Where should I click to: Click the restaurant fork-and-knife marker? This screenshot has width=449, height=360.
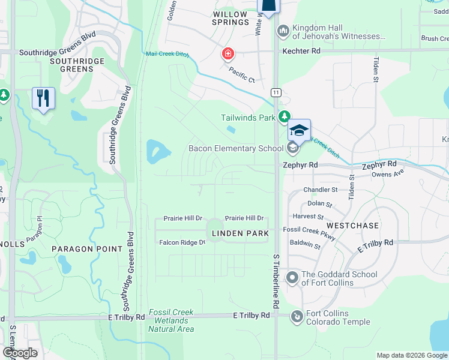tap(43, 98)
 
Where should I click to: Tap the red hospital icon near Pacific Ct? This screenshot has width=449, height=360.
tap(228, 55)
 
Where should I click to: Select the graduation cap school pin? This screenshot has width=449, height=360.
tap(298, 130)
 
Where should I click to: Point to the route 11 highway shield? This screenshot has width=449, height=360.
tap(276, 92)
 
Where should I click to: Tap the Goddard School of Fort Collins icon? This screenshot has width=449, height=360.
tap(292, 277)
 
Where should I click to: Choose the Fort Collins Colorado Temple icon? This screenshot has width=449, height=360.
tap(296, 316)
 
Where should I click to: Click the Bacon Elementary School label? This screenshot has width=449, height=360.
tap(236, 148)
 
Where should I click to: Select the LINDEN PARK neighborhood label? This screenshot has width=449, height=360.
tap(246, 232)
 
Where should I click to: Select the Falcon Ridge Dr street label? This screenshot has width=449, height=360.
tap(182, 242)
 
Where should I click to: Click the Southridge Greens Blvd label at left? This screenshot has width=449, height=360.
tap(57, 52)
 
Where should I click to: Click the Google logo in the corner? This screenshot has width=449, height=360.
tap(20, 353)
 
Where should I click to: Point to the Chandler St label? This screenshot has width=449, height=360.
tap(321, 190)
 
